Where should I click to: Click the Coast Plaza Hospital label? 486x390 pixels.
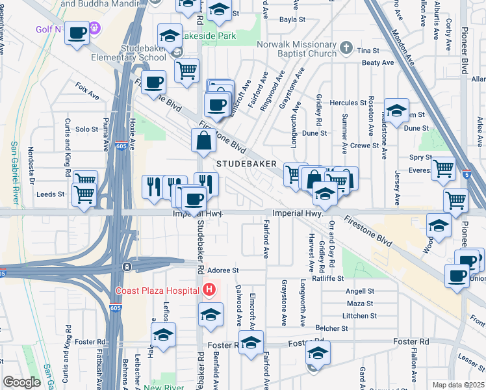(158, 290)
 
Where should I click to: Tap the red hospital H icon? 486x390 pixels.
(209, 290)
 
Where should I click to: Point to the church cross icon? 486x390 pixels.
(346, 47)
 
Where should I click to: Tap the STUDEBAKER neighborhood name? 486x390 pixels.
(247, 164)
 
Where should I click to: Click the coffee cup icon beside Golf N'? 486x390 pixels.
(77, 33)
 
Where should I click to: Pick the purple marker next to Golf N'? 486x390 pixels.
(95, 28)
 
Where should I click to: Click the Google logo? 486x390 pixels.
(21, 382)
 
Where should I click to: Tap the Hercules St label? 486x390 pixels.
(349, 103)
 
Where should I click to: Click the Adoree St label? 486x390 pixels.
(224, 270)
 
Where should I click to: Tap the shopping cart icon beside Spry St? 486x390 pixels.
(444, 168)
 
